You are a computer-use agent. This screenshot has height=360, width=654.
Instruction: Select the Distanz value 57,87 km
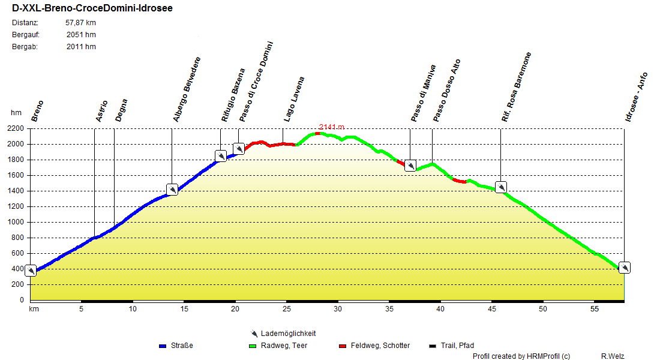pos(80,23)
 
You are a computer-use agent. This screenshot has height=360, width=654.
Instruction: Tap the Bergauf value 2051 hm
pos(81,35)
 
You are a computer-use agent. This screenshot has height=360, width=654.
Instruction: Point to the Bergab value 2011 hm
pos(81,47)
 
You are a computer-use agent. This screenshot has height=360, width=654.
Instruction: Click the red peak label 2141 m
pos(332,127)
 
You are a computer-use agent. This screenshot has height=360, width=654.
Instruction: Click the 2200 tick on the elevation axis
pos(16,128)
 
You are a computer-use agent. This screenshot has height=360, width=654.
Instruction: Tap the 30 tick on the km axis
pos(338,309)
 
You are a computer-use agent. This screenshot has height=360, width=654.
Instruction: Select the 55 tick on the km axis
pos(594,309)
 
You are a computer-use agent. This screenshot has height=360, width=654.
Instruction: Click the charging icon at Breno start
pos(30,271)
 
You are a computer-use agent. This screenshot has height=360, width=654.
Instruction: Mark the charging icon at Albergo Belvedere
pos(172,190)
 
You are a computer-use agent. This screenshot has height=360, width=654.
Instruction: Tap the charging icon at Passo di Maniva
pos(410,165)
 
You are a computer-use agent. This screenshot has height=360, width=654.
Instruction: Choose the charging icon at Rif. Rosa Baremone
pos(500,187)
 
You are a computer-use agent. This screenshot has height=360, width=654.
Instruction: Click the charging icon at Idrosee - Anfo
pos(624,268)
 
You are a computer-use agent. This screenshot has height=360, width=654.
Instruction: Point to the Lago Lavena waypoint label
pos(294,99)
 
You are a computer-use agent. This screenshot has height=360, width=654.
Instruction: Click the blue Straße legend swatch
pos(162,346)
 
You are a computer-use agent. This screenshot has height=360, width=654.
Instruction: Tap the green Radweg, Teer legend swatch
pos(252,346)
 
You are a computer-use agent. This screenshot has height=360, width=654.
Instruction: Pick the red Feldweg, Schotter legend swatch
pos(343,346)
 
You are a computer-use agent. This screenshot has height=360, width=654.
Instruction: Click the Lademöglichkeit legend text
pos(288,334)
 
